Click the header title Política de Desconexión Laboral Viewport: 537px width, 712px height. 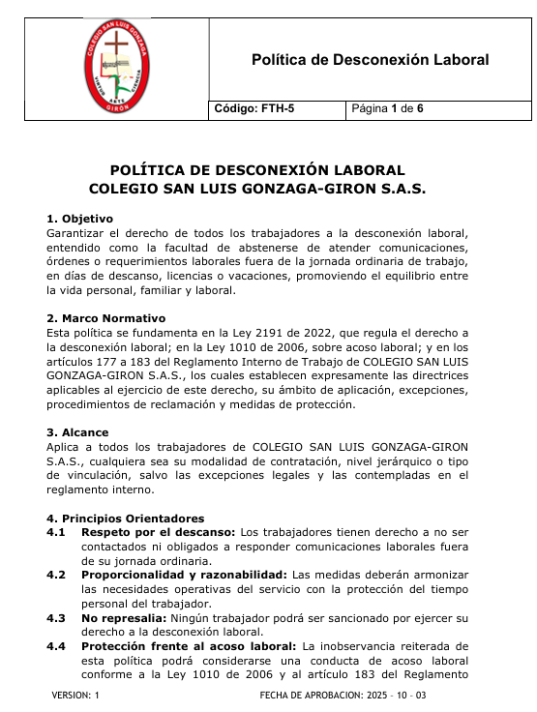point(370,60)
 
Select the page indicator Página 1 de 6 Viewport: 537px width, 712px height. point(388,109)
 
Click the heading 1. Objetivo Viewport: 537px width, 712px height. point(80,219)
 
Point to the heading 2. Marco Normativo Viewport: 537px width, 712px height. point(106,317)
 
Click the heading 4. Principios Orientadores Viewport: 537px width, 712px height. point(126,518)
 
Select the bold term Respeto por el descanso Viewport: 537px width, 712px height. point(158,532)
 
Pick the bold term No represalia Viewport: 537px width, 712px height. point(123,616)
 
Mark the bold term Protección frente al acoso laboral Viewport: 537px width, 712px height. point(189,645)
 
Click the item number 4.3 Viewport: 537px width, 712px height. point(56,616)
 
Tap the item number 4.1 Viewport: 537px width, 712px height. point(56,532)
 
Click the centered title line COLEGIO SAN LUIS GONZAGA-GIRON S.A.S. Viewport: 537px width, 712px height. point(257,189)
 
